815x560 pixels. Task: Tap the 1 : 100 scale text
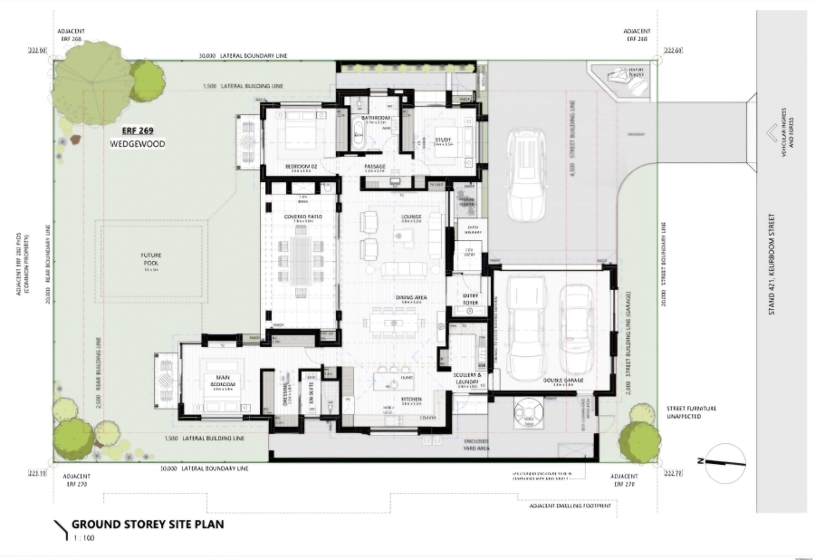(x=83, y=537)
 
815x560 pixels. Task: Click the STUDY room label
(x=443, y=140)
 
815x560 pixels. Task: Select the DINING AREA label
(x=409, y=298)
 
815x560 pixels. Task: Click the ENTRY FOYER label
(x=470, y=299)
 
